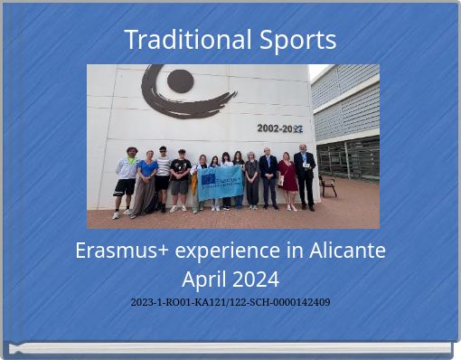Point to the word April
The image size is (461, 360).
(x=206, y=278)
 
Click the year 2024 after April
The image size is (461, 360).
(x=256, y=278)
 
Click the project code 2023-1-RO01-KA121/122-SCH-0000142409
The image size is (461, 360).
(x=230, y=302)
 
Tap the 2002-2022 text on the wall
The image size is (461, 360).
(x=279, y=128)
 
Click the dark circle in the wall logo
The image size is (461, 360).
(x=180, y=81)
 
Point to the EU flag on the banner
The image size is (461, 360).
(x=209, y=179)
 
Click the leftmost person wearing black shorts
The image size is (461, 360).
(x=126, y=181)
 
